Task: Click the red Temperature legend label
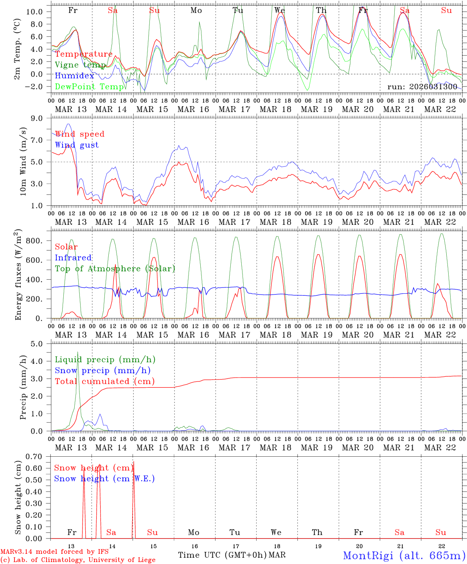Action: [x=84, y=54]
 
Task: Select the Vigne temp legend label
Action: [x=80, y=65]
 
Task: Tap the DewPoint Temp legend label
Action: [x=89, y=87]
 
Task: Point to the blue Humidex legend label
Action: [x=74, y=76]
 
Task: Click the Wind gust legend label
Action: [x=77, y=145]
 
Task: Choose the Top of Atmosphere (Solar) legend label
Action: [x=115, y=269]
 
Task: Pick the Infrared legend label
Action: [x=73, y=258]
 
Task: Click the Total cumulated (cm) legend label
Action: [x=104, y=381]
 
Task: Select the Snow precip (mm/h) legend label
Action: [x=102, y=371]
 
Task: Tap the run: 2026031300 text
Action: [x=422, y=87]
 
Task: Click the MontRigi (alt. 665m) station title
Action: [x=404, y=555]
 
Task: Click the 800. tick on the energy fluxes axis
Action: [x=39, y=240]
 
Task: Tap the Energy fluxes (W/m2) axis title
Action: [x=18, y=276]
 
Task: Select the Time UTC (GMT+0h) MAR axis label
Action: [x=232, y=555]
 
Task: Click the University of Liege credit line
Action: [x=78, y=560]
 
